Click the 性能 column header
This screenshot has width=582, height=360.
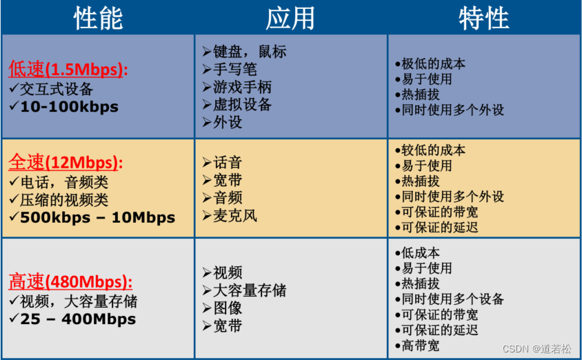(x=98, y=19)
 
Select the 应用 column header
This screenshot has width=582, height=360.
(x=290, y=19)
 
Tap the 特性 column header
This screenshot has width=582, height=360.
(x=483, y=19)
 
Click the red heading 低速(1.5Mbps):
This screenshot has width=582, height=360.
(x=68, y=70)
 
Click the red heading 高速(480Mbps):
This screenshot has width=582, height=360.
(x=70, y=282)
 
